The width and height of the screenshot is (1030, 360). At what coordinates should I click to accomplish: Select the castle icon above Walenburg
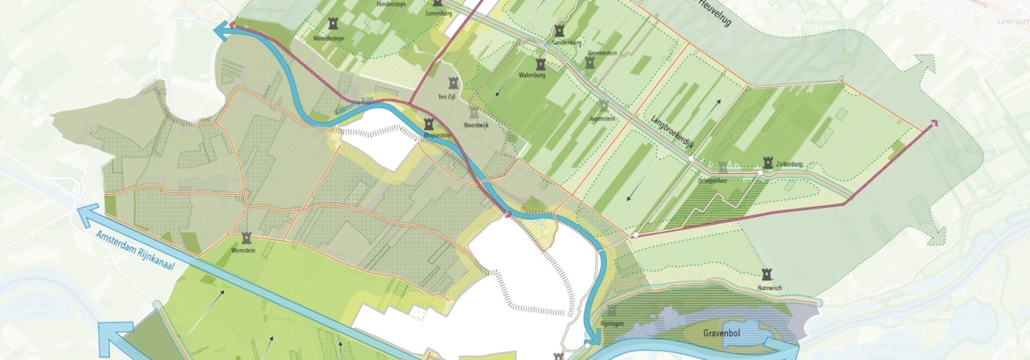pos(541,63)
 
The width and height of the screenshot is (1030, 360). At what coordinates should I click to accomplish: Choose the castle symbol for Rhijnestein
pos(428,123)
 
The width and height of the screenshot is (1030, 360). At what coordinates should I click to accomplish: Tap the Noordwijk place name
pos(478,125)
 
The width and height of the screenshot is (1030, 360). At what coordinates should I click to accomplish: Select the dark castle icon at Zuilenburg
pos(769,161)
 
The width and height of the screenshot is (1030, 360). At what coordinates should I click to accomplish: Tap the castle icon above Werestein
pos(246,238)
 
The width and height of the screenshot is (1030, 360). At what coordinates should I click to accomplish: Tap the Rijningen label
pos(612,323)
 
